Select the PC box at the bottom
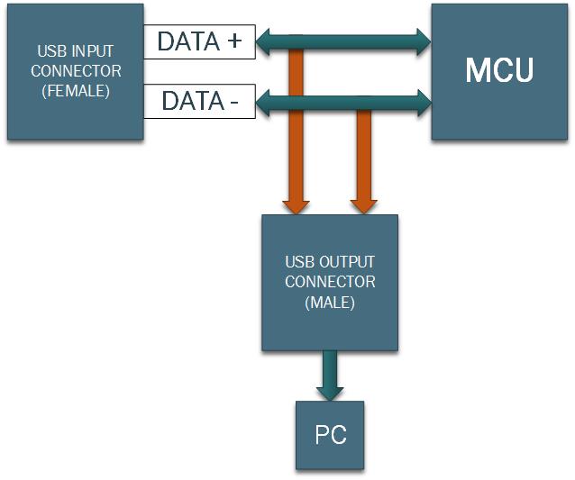point(330,435)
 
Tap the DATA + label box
point(199,41)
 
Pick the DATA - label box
point(199,101)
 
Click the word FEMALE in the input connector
point(76,91)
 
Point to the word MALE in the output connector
point(330,303)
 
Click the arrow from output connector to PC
point(330,371)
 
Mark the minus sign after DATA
point(234,102)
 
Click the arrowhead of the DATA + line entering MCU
point(423,41)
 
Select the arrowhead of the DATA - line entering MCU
point(423,101)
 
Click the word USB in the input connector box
point(50,50)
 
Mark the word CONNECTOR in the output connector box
point(330,282)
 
